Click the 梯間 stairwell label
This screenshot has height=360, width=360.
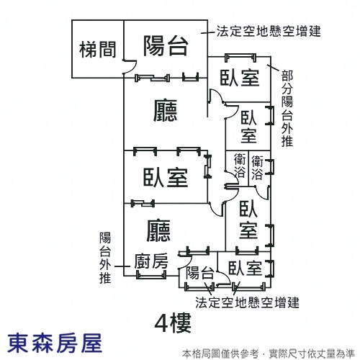pos(98,50)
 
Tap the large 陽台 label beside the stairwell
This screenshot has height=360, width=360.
pos(166,45)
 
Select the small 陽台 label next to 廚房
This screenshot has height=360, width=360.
pos(200,273)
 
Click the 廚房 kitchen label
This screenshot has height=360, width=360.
pos(151,261)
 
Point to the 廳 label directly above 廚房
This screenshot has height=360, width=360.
pos(158,230)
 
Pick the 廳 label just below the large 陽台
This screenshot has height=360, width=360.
pos(165,111)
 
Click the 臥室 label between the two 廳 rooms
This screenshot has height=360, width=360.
pos(166,178)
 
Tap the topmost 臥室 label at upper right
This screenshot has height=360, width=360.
pos(240,78)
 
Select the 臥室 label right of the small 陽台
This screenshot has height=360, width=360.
pos(245,268)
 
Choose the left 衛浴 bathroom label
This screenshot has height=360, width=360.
pos(240,166)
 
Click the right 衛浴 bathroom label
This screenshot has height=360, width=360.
pos(257,168)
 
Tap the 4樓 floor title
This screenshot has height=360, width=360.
pos(173,323)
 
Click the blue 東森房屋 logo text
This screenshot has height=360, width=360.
pos(55,343)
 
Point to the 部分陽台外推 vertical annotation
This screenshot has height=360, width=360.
pos(287,109)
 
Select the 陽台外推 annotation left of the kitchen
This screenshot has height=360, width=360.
pos(105,258)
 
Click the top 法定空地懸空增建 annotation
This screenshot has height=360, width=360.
pos(269,31)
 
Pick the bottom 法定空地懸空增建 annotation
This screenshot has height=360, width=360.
pos(247,302)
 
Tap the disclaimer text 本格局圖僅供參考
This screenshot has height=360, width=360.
pos(220,354)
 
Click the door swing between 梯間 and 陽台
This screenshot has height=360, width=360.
pos(130,67)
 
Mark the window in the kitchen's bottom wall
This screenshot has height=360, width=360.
pos(151,275)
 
